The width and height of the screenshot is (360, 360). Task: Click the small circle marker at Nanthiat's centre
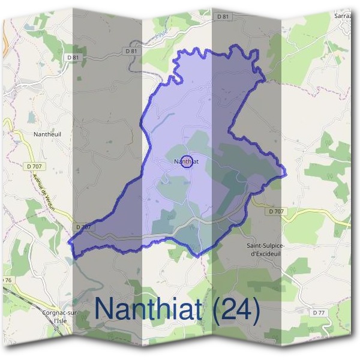tap(187, 161)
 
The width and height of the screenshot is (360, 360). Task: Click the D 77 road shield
tap(319, 313)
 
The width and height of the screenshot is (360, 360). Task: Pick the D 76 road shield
tap(6, 280)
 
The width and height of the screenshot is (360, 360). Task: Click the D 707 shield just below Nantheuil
tap(35, 166)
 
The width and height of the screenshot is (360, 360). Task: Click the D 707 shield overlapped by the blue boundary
tap(85, 227)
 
